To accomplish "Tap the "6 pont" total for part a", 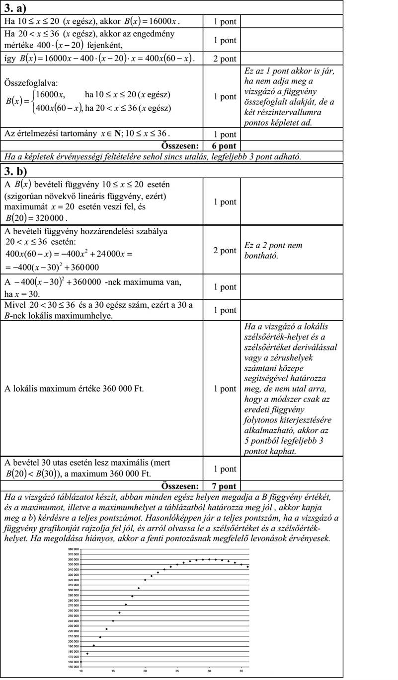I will (x=221, y=146).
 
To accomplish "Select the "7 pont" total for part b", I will (x=221, y=486).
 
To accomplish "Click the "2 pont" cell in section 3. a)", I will (x=221, y=59).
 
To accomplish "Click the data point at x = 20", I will (x=145, y=580).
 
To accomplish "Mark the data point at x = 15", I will (x=113, y=620).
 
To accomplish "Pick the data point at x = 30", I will (x=209, y=559).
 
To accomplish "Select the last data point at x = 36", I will (x=248, y=567).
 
